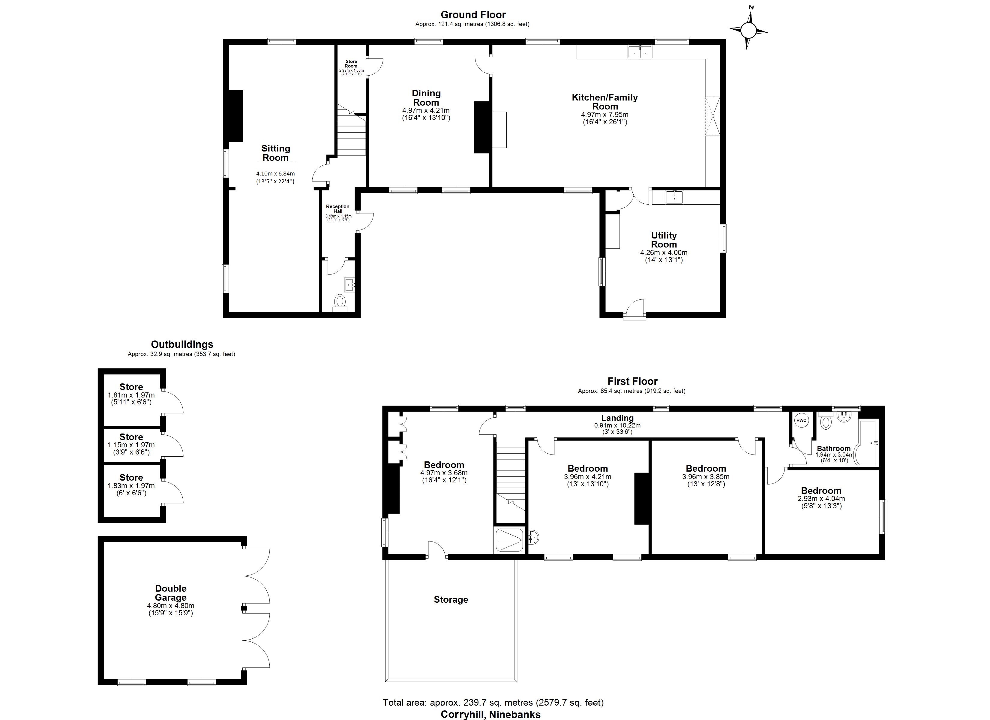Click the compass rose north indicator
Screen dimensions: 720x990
click(x=748, y=30)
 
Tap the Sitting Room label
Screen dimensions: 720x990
click(x=275, y=153)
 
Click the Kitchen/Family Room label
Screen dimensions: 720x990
click(x=604, y=102)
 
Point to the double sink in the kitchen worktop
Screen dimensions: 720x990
click(x=640, y=52)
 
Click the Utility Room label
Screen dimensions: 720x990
click(x=664, y=240)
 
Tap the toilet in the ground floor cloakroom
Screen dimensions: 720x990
click(x=340, y=301)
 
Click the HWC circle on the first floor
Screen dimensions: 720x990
click(x=801, y=421)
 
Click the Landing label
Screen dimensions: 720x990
click(x=617, y=418)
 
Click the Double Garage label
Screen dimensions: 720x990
click(x=171, y=593)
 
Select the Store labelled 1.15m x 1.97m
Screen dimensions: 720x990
click(x=131, y=437)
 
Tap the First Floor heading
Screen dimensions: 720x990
click(x=632, y=381)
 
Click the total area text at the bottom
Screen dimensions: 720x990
click(x=493, y=703)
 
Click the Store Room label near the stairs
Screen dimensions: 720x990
click(x=351, y=64)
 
